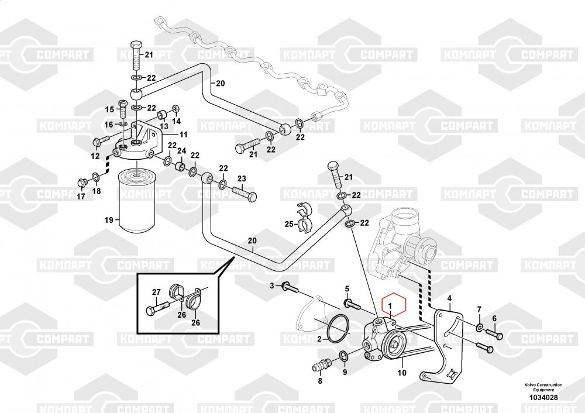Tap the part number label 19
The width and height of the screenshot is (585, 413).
[108, 220]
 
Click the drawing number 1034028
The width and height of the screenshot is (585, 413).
[543, 398]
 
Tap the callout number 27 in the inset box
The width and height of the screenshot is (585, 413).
[156, 292]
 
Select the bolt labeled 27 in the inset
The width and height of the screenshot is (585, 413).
[161, 305]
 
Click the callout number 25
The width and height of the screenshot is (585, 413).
[288, 224]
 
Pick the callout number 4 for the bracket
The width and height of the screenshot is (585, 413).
[449, 298]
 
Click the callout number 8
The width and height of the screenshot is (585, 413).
[320, 381]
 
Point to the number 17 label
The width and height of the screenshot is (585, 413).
[81, 197]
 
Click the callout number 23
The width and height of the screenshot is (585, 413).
[241, 178]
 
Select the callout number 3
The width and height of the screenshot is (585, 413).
[272, 285]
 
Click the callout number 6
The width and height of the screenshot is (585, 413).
[494, 318]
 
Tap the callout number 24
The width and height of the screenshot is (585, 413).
[181, 151]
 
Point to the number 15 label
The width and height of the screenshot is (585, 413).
[109, 110]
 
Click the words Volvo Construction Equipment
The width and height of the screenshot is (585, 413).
[543, 387]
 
